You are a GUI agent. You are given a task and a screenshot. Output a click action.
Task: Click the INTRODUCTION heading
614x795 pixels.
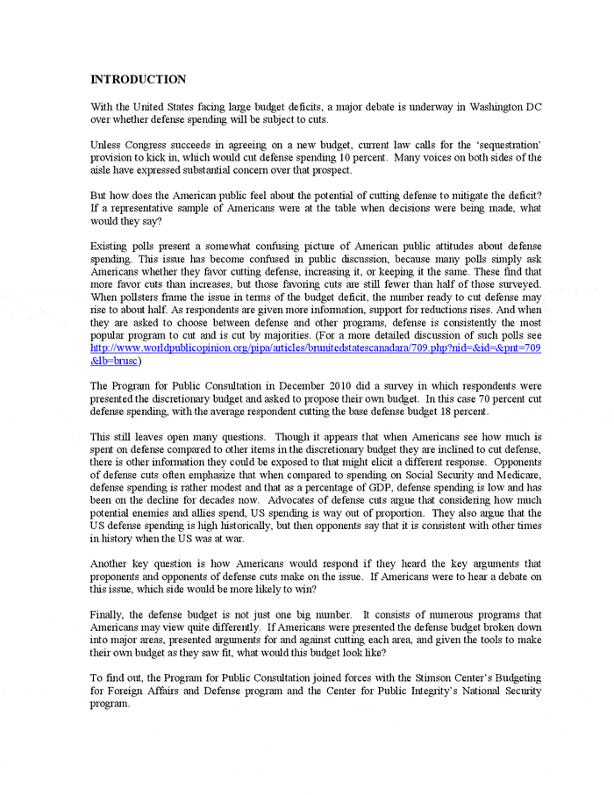[139, 80]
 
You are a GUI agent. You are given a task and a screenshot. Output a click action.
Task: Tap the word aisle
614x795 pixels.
[104, 170]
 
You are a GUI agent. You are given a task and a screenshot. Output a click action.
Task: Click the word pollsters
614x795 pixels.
[146, 298]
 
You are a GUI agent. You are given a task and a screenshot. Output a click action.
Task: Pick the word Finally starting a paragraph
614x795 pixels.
[109, 614]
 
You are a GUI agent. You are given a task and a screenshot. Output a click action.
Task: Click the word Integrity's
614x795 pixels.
[406, 691]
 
